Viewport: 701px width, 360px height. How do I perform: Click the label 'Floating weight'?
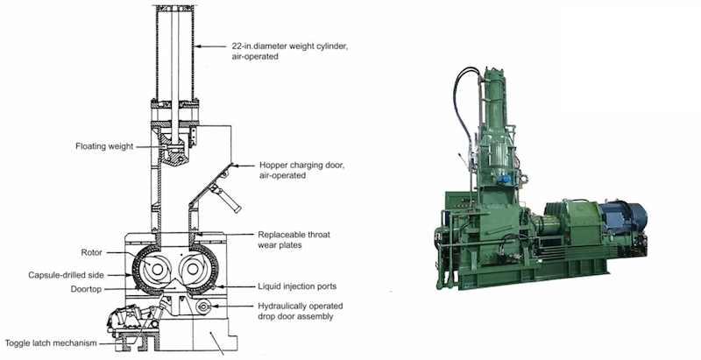tap(104, 146)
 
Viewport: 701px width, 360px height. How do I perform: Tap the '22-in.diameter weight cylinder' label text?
tap(289, 46)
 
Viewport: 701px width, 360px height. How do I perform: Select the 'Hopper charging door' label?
tap(301, 166)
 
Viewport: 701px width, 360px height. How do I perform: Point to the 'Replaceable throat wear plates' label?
tap(294, 240)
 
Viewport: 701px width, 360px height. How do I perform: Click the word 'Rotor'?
tap(92, 252)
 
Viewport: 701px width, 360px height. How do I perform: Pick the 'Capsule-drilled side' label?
tap(67, 275)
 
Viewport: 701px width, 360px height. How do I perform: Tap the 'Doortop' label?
tap(86, 289)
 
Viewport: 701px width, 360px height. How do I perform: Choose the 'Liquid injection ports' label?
tap(297, 286)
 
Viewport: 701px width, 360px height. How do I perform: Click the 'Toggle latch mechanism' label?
tap(51, 343)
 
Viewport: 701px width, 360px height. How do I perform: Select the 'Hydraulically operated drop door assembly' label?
tap(301, 311)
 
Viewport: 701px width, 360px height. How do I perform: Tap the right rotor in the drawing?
tap(192, 269)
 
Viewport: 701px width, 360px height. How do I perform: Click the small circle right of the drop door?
tap(203, 306)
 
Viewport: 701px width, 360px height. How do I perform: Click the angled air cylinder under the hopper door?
tap(223, 196)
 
